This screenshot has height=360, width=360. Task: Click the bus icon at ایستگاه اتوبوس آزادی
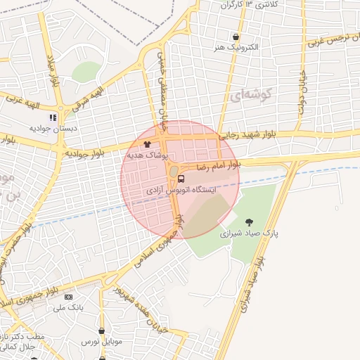(181, 179)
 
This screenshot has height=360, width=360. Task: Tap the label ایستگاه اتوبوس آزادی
(181, 191)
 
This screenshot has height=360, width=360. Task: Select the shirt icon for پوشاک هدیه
(146, 143)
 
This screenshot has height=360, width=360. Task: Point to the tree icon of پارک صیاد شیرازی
(248, 222)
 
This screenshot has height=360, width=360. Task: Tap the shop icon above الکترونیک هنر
(235, 37)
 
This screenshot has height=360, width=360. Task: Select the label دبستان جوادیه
(47, 129)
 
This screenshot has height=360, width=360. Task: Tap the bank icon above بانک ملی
(68, 297)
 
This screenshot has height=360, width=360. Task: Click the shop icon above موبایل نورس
(102, 330)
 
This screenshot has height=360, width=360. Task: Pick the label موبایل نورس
(101, 341)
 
